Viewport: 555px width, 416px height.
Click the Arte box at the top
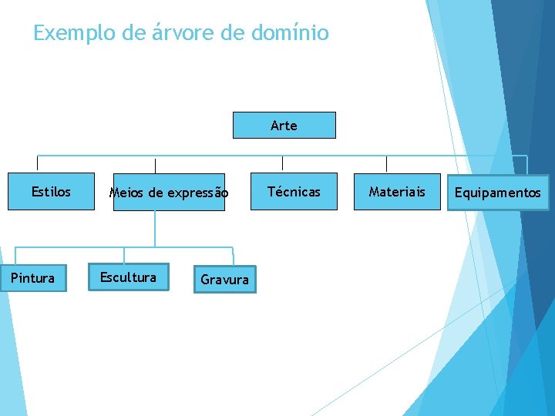tap(284, 125)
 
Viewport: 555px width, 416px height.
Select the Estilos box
tap(50, 192)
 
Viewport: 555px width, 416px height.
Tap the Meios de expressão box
tap(169, 193)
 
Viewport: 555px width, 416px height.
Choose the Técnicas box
tap(293, 192)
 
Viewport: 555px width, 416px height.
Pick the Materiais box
tap(396, 192)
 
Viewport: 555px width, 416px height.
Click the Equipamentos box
tap(497, 193)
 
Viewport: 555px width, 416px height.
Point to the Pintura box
tap(33, 278)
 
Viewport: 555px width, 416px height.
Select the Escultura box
tap(128, 277)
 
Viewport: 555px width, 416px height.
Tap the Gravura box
tap(224, 280)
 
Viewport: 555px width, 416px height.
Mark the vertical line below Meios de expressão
tap(155, 228)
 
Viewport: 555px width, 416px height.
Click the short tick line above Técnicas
tap(282, 163)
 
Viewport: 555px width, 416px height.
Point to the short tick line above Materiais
tap(386, 163)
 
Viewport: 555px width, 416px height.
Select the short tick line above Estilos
tap(38, 163)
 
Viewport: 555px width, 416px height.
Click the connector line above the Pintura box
tap(15, 257)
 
